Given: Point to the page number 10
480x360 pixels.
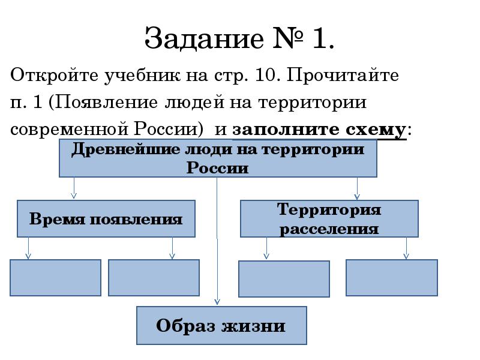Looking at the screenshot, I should click(x=265, y=77).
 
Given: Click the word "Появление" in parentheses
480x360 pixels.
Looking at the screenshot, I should click(x=106, y=103).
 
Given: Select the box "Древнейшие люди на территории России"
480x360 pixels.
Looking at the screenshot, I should click(x=218, y=158).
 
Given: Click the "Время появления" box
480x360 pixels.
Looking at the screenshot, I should click(x=106, y=219).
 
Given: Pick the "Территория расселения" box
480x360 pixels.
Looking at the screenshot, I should click(x=329, y=219).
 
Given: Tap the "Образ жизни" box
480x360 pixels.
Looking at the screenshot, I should click(x=221, y=326).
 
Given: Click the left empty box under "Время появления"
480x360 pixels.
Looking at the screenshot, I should click(x=55, y=277).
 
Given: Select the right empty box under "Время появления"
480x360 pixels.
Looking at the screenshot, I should click(x=154, y=277).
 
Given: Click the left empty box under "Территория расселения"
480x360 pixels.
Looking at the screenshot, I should click(x=284, y=278).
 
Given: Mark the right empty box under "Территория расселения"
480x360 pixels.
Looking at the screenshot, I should click(x=392, y=277).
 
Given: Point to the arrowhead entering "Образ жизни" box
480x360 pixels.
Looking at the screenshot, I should click(x=218, y=302).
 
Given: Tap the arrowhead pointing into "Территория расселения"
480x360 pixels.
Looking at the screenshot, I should click(x=358, y=196).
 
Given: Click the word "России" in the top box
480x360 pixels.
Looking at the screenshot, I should click(x=217, y=168).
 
